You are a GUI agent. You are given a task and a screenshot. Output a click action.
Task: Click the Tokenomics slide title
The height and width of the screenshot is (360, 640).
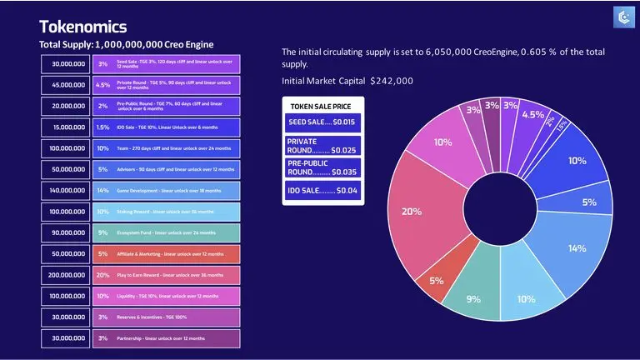pos(82,26)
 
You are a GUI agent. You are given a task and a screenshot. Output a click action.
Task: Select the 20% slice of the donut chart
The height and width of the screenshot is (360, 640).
pos(411,212)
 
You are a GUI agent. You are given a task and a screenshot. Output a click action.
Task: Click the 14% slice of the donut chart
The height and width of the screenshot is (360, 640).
pos(576,247)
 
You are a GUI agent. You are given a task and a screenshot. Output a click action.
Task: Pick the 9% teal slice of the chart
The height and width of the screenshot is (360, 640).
pos(472,298)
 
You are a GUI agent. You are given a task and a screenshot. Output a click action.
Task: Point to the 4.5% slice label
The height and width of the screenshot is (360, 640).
pos(532,115)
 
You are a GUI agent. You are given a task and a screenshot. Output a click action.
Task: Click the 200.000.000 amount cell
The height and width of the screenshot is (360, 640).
pos(67,275)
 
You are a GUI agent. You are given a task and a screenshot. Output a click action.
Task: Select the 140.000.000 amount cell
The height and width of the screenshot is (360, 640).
pos(67,191)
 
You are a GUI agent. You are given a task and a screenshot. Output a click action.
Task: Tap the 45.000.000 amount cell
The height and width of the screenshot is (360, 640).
pos(67,85)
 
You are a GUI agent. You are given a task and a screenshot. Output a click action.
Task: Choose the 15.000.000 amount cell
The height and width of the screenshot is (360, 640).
pos(67,127)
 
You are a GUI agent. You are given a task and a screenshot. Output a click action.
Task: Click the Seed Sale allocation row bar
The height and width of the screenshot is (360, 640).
pos(166,64)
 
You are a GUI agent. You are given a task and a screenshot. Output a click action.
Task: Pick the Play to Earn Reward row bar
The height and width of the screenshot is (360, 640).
pos(166,275)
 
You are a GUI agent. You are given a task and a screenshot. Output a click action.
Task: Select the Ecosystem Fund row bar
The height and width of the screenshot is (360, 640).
pos(166,232)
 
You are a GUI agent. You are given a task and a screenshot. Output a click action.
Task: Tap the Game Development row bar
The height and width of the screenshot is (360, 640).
pos(166,191)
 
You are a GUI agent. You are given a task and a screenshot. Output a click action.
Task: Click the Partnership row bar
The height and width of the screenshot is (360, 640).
pos(166,338)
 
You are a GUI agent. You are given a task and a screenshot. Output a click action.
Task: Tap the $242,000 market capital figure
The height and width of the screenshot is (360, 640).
pos(392,81)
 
